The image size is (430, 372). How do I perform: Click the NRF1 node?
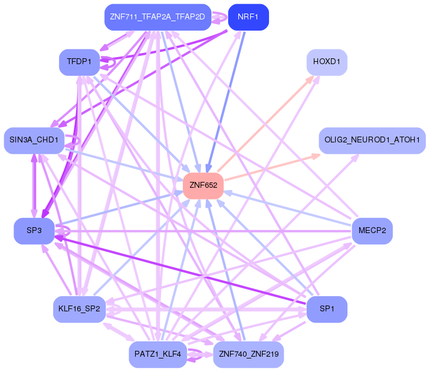[248, 16]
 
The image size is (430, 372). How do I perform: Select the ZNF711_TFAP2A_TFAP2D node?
[157, 16]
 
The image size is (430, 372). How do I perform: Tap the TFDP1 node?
[79, 62]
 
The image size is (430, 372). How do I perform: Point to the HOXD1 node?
[327, 62]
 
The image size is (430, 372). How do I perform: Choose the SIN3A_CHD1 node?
[34, 140]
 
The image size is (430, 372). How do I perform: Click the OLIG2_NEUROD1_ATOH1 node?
[372, 140]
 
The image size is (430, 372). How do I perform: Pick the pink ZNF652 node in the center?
[203, 185]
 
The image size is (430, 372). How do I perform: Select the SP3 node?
[34, 231]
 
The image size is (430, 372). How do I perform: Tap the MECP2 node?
[372, 231]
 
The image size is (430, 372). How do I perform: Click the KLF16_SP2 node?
[79, 308]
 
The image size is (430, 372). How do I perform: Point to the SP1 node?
[327, 308]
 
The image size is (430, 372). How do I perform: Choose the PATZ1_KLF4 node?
[157, 354]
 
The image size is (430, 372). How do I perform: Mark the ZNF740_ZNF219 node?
[248, 354]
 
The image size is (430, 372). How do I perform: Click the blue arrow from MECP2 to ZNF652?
[289, 208]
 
